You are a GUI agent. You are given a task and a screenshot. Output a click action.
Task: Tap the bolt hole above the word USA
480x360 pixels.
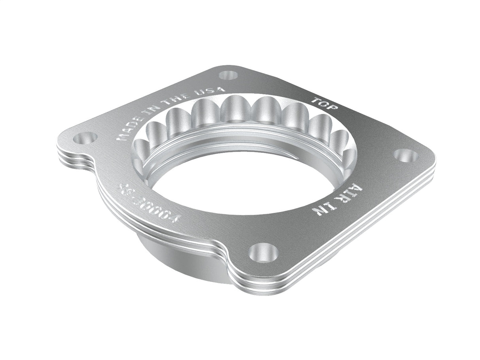[228, 74]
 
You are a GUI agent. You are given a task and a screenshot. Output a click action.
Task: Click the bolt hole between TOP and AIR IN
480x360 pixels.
[405, 155]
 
